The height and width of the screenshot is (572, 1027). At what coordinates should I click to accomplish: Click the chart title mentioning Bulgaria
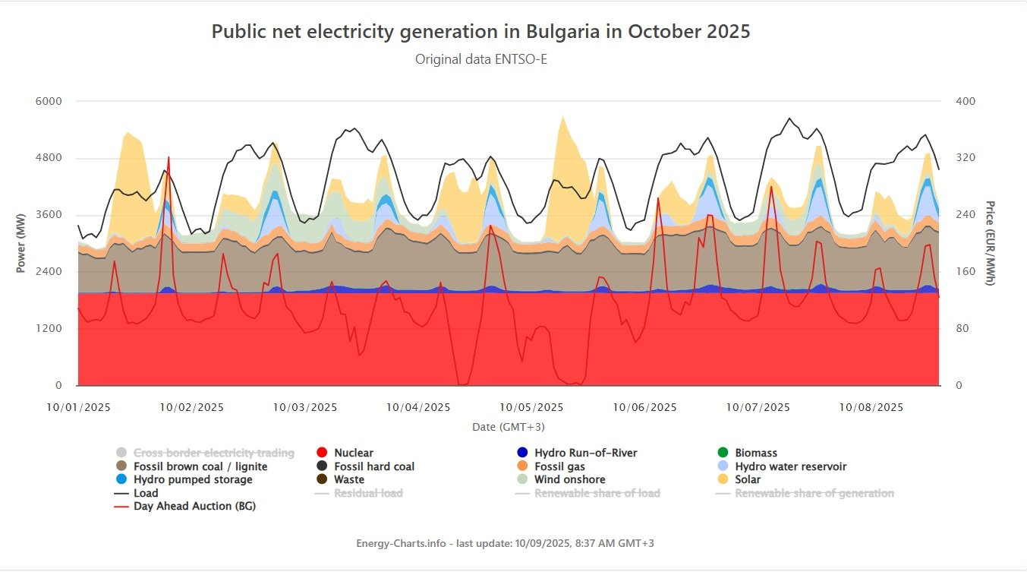click(480, 32)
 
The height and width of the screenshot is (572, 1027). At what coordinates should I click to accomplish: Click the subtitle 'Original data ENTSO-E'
click(480, 59)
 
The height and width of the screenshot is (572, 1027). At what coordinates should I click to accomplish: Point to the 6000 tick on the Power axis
click(48, 101)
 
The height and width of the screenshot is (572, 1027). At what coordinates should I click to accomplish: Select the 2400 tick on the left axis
click(48, 272)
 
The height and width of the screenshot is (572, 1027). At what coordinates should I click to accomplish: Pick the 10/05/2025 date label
click(531, 407)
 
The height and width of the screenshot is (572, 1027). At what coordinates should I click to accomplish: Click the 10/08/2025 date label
click(871, 407)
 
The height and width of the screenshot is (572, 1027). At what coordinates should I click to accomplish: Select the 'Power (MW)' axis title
click(20, 243)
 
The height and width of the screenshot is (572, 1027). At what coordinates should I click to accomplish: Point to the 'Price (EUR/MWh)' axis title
click(990, 243)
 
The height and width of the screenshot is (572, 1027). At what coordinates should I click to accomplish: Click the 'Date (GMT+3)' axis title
click(509, 427)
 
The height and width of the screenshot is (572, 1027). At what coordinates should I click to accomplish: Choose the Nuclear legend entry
click(353, 453)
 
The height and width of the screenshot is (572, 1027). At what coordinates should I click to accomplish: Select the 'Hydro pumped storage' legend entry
click(193, 480)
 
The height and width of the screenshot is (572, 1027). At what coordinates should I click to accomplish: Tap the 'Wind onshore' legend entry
click(569, 480)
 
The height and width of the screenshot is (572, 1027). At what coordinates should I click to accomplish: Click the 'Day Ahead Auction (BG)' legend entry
click(194, 506)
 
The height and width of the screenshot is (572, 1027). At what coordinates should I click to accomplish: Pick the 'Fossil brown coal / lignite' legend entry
click(200, 466)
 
